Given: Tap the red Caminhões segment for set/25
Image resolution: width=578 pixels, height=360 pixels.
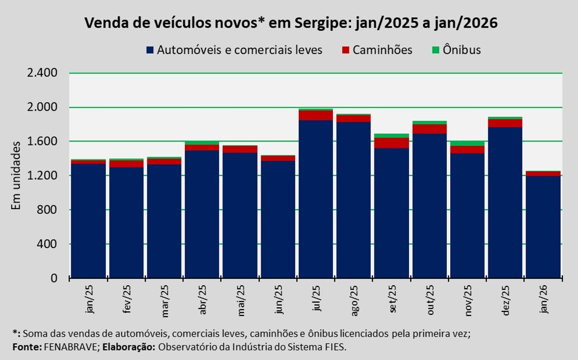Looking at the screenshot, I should click(392, 143).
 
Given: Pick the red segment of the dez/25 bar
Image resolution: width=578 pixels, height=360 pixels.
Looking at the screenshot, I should click(505, 123).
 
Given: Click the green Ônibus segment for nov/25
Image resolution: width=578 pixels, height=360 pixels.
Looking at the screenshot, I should click(467, 143).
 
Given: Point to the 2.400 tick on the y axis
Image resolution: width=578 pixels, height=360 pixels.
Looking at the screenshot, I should click(43, 73).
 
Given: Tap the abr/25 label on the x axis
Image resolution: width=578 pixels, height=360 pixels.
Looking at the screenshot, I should click(203, 300).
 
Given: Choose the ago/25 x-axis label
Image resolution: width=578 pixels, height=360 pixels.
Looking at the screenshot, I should click(354, 300).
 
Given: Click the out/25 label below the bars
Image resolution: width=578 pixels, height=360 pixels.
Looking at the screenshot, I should click(430, 300).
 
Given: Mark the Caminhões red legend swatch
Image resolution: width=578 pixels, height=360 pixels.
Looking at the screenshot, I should click(346, 50).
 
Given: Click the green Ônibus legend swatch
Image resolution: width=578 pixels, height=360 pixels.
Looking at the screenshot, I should click(436, 50).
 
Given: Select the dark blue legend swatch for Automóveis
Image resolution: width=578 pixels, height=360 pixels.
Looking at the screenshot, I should click(150, 50).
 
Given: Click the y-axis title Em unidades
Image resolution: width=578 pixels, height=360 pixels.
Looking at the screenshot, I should click(16, 175).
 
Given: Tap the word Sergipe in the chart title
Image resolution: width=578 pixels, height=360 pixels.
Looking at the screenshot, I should click(314, 24).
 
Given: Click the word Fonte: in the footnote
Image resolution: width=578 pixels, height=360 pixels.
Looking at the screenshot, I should click(25, 347).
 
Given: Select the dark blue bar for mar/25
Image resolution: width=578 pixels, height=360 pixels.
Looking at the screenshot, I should click(164, 221).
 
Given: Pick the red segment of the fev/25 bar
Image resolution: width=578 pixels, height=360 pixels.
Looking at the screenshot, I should click(126, 164).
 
